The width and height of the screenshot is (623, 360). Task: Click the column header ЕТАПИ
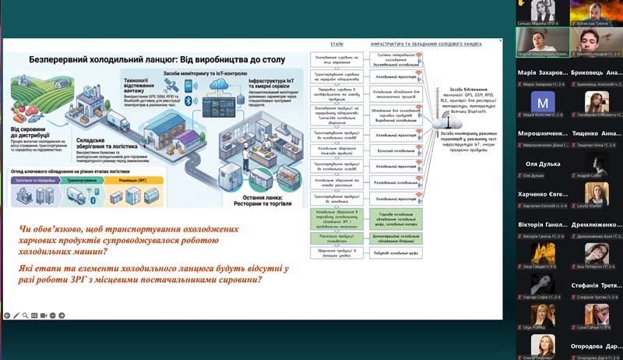[x=336, y=44]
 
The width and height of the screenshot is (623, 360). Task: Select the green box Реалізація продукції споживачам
[x=336, y=236]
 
